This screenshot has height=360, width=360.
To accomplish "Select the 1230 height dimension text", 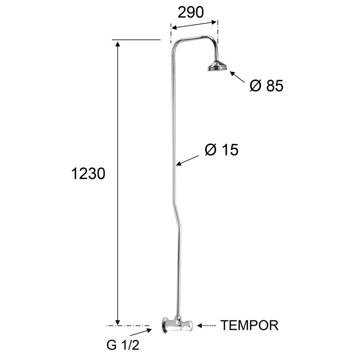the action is tap(88, 174).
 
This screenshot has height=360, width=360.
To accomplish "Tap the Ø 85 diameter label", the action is tap(266, 86).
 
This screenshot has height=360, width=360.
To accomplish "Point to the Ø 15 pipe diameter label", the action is tap(221, 150).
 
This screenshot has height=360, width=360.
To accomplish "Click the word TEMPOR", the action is tap(249, 325).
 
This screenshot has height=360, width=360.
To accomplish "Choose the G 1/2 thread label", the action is tap(123, 345).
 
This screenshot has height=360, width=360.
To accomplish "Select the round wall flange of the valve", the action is tap(165, 326).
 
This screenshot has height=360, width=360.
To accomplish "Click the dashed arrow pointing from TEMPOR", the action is tap(206, 326).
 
